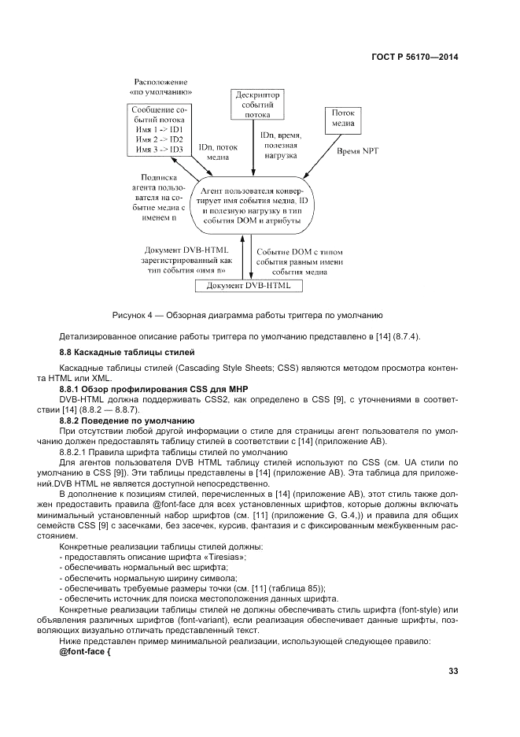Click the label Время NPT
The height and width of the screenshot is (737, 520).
358,150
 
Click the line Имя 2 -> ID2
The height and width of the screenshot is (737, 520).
159,139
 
